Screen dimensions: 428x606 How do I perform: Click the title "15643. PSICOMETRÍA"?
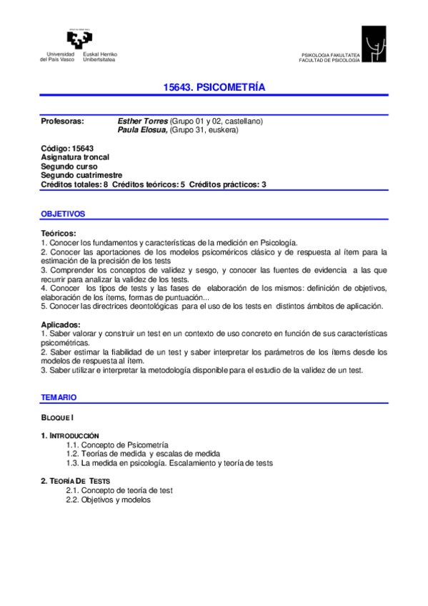[x=214, y=87]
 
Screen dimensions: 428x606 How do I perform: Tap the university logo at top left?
[x=80, y=39]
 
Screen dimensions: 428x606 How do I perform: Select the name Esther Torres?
[x=142, y=121]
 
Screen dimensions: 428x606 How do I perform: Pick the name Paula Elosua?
[x=142, y=130]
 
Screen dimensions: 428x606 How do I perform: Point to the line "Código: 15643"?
[x=67, y=148]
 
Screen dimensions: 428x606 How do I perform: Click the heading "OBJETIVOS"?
[x=63, y=214]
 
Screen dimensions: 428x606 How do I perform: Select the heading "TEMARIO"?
[x=59, y=397]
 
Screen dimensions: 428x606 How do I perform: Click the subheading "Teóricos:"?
[x=59, y=233]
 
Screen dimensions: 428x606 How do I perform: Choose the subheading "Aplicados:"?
[x=61, y=325]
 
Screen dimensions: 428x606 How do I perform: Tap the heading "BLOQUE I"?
[x=58, y=416]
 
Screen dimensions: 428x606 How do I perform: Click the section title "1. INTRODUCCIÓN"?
[x=70, y=435]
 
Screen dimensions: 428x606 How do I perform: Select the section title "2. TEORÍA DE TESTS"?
[x=76, y=481]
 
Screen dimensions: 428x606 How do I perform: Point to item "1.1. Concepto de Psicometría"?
[x=117, y=444]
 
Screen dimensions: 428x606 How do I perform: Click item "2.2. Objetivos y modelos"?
[x=109, y=500]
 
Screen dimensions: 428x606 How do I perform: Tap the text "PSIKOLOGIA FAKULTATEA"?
[x=331, y=55]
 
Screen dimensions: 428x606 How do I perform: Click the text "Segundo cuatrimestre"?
[x=81, y=175]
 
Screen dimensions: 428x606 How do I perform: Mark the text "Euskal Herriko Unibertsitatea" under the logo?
[x=101, y=57]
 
